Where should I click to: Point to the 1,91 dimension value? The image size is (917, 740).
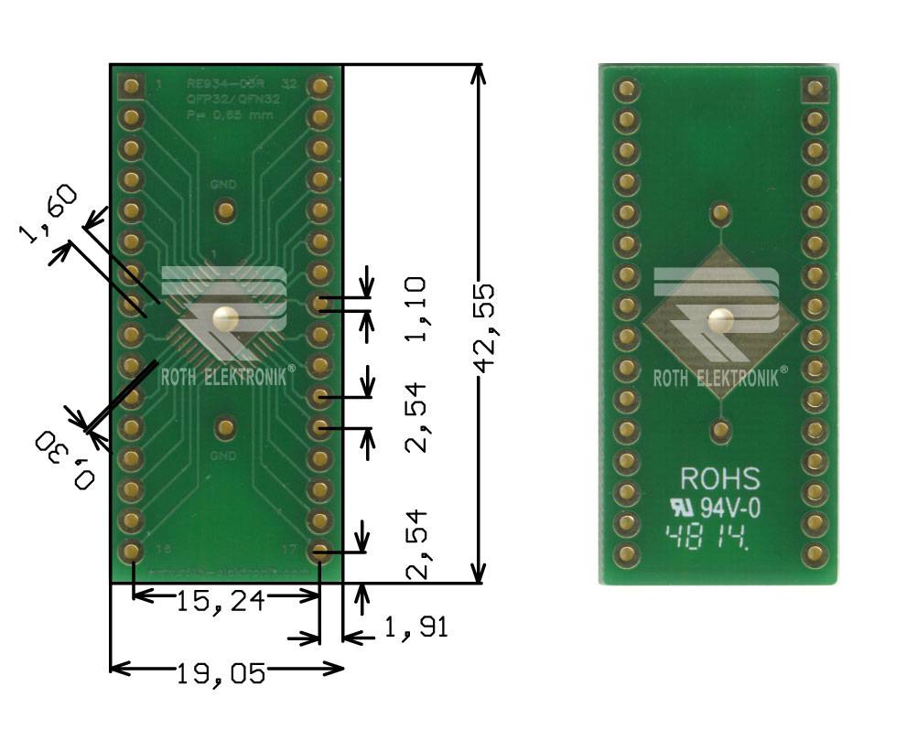[415, 627]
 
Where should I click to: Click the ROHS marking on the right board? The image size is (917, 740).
[719, 478]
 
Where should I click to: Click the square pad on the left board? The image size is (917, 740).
[132, 87]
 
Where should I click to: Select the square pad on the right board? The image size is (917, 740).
[814, 89]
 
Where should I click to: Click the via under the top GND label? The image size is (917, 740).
[224, 211]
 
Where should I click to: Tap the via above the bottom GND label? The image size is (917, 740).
[224, 427]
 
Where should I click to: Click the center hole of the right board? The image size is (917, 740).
[719, 320]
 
